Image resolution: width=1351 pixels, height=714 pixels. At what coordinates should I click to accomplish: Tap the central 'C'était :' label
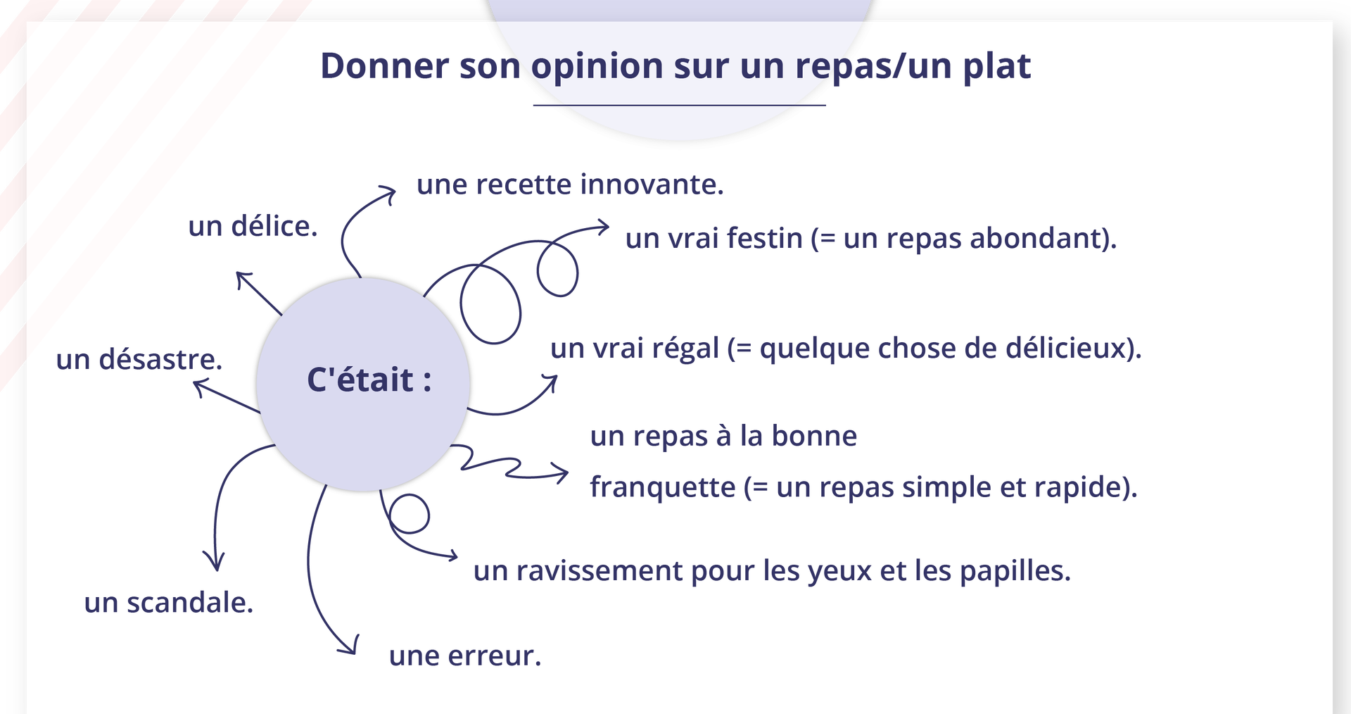(369, 380)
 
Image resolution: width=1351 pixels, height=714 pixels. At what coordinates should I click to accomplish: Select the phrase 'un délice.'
(253, 227)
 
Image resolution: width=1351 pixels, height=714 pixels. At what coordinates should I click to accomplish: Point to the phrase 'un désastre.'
(139, 359)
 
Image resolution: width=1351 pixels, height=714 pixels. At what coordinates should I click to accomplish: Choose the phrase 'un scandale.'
(169, 603)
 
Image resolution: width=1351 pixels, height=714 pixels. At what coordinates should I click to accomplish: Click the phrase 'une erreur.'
(465, 656)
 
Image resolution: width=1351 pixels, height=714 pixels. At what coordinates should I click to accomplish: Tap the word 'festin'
(765, 238)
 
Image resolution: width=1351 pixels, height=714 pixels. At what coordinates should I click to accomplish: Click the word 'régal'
(685, 349)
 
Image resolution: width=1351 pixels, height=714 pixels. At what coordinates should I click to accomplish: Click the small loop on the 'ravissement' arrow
(409, 514)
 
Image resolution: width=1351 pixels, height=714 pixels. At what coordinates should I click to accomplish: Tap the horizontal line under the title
(679, 105)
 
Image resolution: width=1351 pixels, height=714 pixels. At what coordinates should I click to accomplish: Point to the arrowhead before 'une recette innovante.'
(387, 194)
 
